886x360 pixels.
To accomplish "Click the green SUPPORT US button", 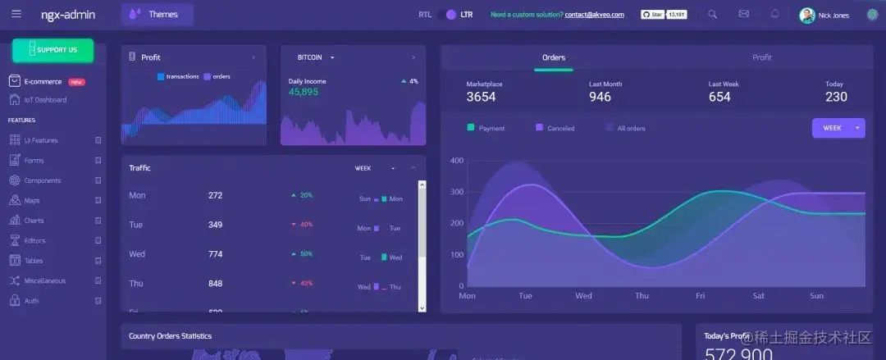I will pyautogui.click(x=53, y=50).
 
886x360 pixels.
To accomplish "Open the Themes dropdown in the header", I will pyautogui.click(x=157, y=14).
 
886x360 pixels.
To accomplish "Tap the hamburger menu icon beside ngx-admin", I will pyautogui.click(x=16, y=14).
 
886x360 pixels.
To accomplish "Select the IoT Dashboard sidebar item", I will pyautogui.click(x=45, y=100).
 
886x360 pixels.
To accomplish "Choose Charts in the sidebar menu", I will pyautogui.click(x=34, y=221).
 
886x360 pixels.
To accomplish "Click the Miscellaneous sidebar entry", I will pyautogui.click(x=44, y=280).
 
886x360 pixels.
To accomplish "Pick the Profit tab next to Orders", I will pyautogui.click(x=761, y=57).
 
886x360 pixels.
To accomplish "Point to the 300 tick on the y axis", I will pyautogui.click(x=457, y=192).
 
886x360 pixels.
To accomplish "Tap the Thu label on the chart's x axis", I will pyautogui.click(x=642, y=296).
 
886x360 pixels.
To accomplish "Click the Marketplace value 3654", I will pyautogui.click(x=481, y=97).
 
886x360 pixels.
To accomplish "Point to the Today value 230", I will pyautogui.click(x=836, y=97).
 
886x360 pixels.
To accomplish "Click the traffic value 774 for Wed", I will pyautogui.click(x=215, y=254).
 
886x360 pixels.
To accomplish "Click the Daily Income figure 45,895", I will pyautogui.click(x=304, y=92).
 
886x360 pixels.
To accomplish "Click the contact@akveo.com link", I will pyautogui.click(x=594, y=15).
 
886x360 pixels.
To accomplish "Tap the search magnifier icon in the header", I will pyautogui.click(x=712, y=14).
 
